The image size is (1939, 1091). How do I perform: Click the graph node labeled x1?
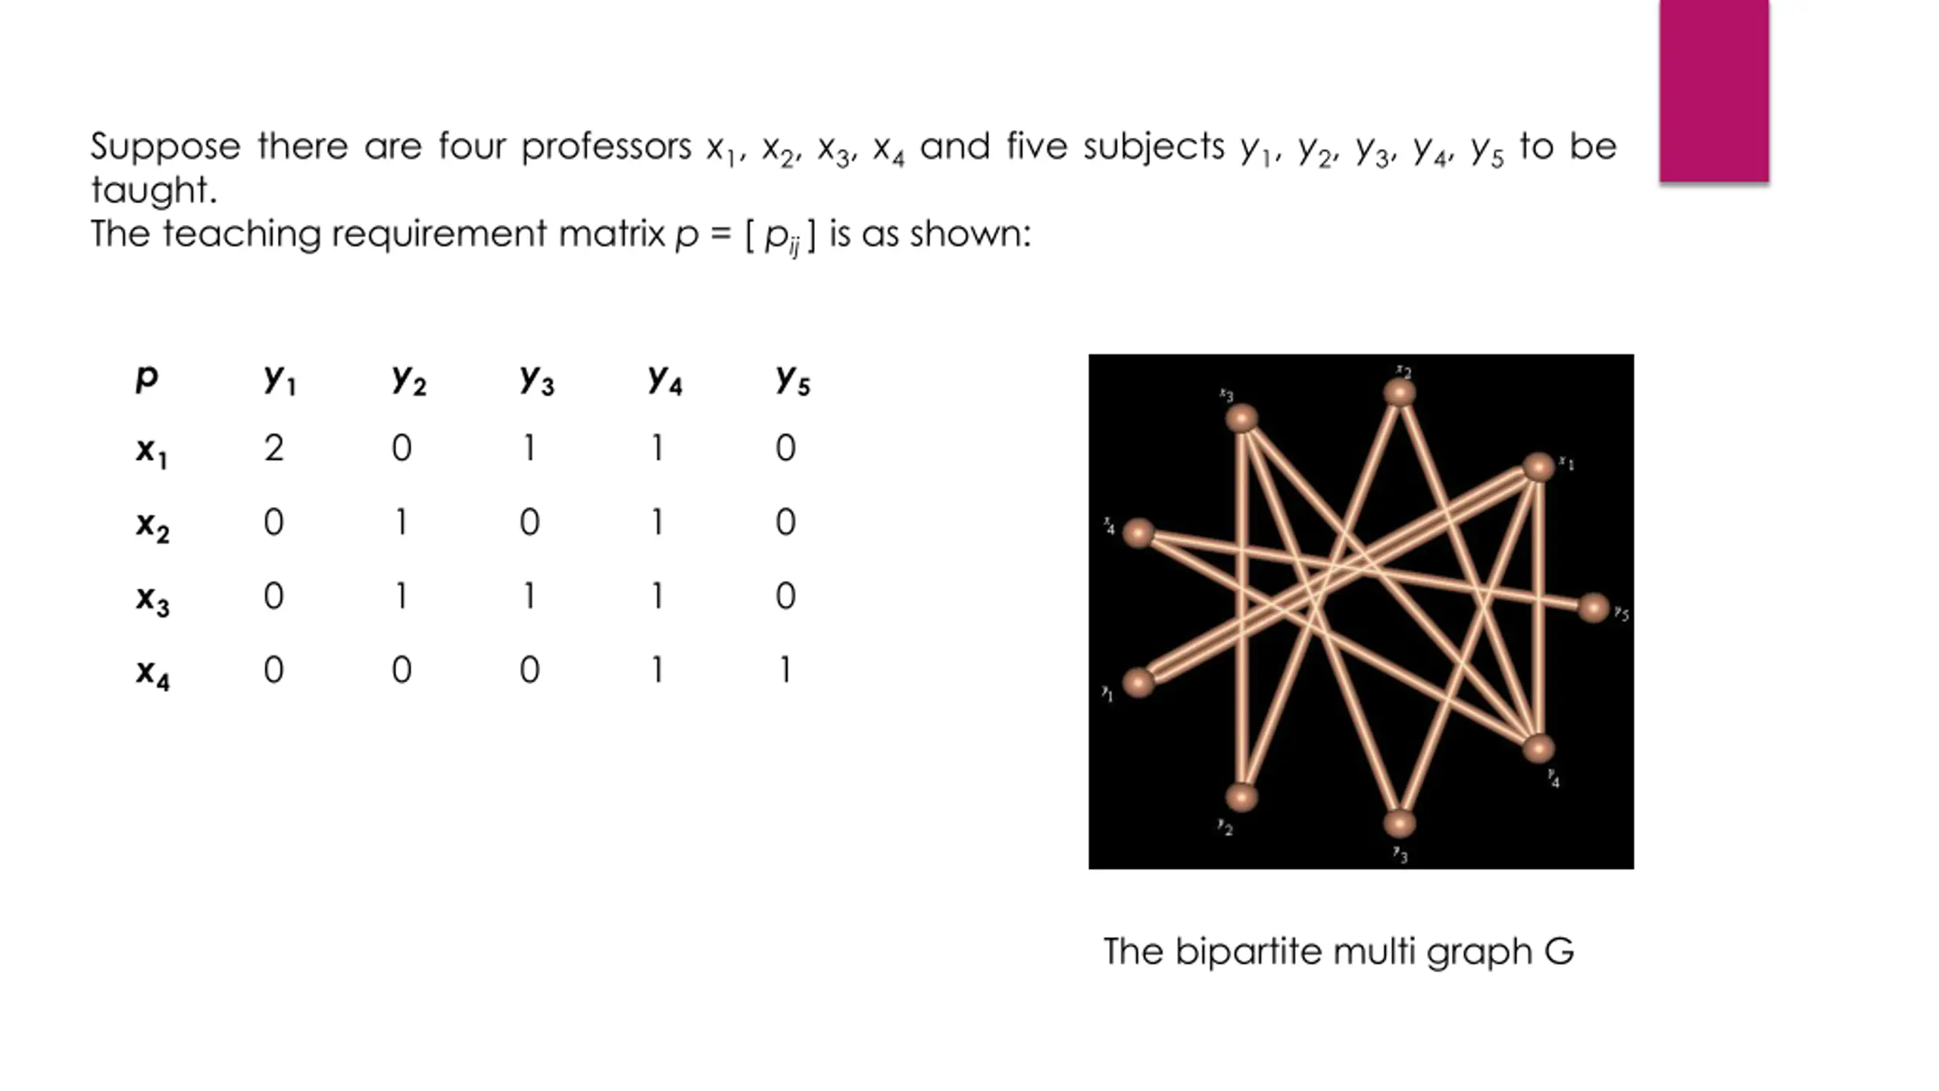point(1538,467)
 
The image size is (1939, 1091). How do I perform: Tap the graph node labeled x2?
point(1399,392)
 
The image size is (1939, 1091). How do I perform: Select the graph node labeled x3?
point(1241,418)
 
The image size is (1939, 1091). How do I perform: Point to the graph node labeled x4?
point(1138,533)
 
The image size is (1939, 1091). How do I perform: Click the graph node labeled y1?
point(1138,682)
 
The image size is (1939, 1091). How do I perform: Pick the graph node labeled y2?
point(1241,797)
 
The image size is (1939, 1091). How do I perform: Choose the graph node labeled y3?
point(1399,823)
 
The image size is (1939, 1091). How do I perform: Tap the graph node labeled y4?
point(1538,749)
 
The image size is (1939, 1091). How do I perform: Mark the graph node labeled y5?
point(1593,608)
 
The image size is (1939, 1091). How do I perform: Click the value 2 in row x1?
point(273,448)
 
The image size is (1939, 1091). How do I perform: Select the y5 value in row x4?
point(785,670)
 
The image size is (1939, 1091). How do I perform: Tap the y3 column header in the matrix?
point(536,378)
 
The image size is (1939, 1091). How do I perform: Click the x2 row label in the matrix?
point(152,524)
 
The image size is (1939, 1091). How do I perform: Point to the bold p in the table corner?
point(146,377)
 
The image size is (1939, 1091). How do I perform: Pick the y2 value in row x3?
point(401,596)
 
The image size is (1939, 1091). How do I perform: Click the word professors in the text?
point(606,146)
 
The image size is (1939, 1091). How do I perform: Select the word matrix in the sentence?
point(611,233)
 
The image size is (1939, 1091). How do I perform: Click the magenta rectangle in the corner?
point(1714,91)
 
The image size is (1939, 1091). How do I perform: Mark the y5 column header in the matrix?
point(792,378)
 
